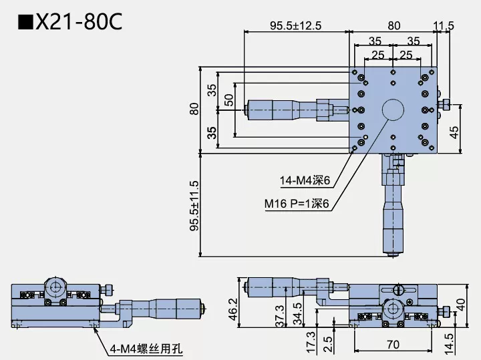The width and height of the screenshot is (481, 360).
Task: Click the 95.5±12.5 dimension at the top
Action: (295, 26)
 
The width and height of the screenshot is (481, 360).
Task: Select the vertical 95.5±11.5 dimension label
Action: (194, 205)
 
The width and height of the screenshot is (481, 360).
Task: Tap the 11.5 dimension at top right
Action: (444, 26)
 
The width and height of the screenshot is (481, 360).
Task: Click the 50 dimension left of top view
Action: (228, 100)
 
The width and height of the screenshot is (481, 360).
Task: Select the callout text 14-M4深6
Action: (306, 180)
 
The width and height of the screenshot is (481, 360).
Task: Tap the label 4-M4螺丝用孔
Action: (146, 348)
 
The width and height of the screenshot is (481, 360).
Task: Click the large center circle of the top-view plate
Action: (392, 110)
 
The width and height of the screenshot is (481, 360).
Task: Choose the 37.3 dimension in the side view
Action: (280, 314)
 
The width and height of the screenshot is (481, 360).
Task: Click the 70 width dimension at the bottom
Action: (392, 345)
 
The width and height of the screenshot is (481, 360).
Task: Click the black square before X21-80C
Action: (25, 23)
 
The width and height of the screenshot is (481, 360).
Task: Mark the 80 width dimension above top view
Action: (393, 26)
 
